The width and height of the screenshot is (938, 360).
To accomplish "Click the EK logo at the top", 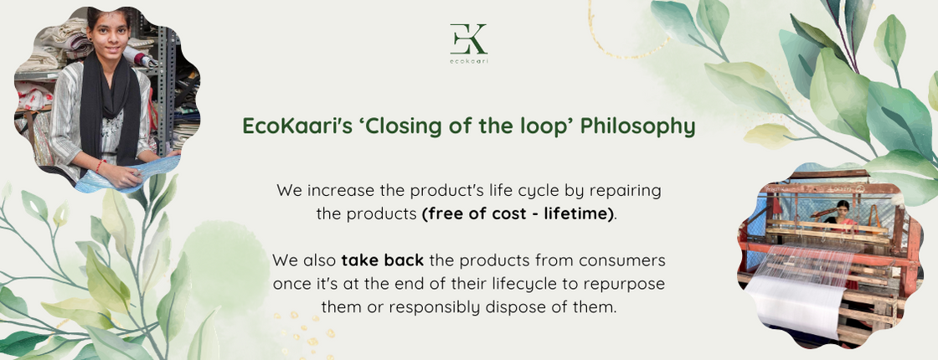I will pyautogui.click(x=468, y=39).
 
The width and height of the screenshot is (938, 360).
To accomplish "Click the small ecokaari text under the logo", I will pyautogui.click(x=468, y=60).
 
